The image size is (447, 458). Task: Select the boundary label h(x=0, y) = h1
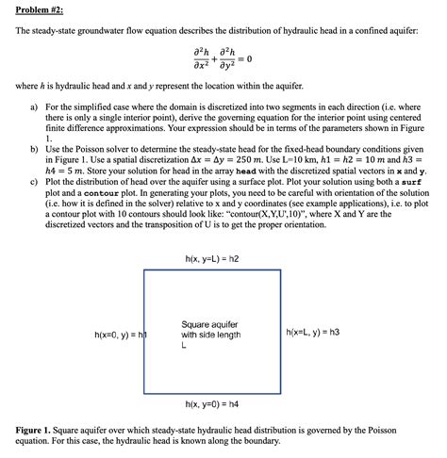(x=121, y=335)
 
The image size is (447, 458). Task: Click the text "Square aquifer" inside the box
(x=208, y=325)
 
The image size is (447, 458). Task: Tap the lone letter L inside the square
(x=184, y=346)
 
